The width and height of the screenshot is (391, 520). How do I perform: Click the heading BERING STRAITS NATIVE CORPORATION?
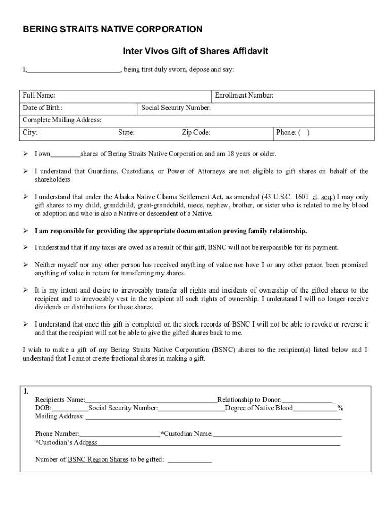(113, 29)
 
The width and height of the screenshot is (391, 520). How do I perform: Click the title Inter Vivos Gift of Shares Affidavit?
(195, 51)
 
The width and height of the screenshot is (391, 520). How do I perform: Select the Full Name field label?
(39, 95)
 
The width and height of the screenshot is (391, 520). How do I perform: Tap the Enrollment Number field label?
(244, 95)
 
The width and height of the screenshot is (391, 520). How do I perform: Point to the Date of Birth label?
(43, 108)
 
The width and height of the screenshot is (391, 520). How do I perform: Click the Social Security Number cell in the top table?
(176, 108)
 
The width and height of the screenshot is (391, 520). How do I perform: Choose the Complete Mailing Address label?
(62, 120)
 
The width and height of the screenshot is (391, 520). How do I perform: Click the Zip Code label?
(196, 133)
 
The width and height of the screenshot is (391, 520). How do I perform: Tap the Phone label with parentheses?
(292, 133)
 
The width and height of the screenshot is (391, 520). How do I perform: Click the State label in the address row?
(126, 133)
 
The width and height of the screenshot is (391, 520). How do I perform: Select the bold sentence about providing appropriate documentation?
(171, 231)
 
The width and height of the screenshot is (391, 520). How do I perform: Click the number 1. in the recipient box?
(26, 391)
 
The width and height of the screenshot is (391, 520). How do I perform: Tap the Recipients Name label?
(60, 400)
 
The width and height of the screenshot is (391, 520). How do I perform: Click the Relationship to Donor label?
(249, 400)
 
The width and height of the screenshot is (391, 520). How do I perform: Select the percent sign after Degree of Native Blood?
(340, 408)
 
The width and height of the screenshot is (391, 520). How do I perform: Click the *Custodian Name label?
(187, 434)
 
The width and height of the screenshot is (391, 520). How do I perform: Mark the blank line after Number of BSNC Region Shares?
(189, 461)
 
